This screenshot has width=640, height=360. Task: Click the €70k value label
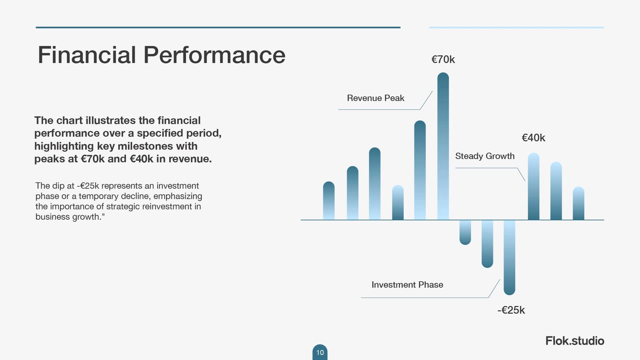point(443,59)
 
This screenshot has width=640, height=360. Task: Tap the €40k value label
point(533,138)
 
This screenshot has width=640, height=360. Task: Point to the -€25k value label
point(511,310)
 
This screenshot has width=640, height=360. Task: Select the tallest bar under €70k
point(443,146)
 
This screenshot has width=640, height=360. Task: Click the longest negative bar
point(509,257)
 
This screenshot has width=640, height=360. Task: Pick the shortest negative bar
point(465,232)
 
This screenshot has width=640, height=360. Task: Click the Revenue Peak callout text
point(376,98)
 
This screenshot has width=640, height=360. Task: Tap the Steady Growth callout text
point(485,156)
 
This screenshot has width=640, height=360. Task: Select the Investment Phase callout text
point(407,285)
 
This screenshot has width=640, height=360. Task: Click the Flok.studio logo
point(575,341)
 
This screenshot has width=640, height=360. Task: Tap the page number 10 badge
point(320,352)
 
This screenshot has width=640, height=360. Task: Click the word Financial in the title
point(87,55)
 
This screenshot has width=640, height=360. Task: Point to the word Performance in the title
point(214,55)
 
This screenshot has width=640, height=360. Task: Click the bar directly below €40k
point(534,186)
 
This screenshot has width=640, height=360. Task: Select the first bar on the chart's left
point(329,201)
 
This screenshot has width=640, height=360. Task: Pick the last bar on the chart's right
point(578,203)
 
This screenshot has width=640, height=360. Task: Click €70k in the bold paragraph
point(93,159)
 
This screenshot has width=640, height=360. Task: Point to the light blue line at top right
point(516,27)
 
